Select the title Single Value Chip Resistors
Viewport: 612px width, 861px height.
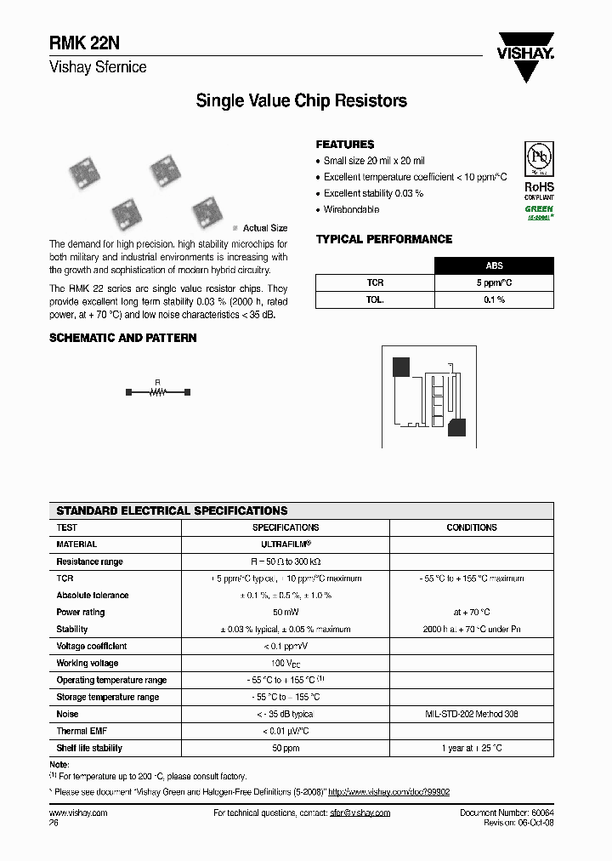pyautogui.click(x=301, y=101)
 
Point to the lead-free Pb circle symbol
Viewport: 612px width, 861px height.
pyautogui.click(x=537, y=159)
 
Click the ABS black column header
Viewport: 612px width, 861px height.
pyautogui.click(x=494, y=265)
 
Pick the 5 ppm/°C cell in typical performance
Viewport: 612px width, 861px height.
pyautogui.click(x=494, y=282)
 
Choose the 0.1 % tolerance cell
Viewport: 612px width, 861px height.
pyautogui.click(x=494, y=299)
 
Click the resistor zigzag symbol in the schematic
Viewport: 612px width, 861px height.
pyautogui.click(x=156, y=391)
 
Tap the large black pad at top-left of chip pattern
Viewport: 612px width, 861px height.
pyautogui.click(x=400, y=367)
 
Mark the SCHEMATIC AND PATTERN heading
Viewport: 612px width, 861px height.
pyautogui.click(x=123, y=338)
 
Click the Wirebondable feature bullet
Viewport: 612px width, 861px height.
pyautogui.click(x=351, y=209)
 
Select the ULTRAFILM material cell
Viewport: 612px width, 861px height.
pyautogui.click(x=286, y=545)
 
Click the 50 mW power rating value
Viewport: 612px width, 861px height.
pyautogui.click(x=286, y=613)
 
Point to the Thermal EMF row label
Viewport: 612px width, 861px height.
pyautogui.click(x=82, y=732)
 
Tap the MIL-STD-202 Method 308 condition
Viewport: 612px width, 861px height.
pyautogui.click(x=472, y=715)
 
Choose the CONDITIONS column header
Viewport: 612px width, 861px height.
pyautogui.click(x=472, y=527)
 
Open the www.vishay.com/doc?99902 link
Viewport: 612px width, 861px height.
pyautogui.click(x=388, y=791)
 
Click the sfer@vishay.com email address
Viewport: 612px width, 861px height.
pyautogui.click(x=359, y=813)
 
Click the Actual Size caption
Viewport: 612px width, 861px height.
pyautogui.click(x=264, y=228)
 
